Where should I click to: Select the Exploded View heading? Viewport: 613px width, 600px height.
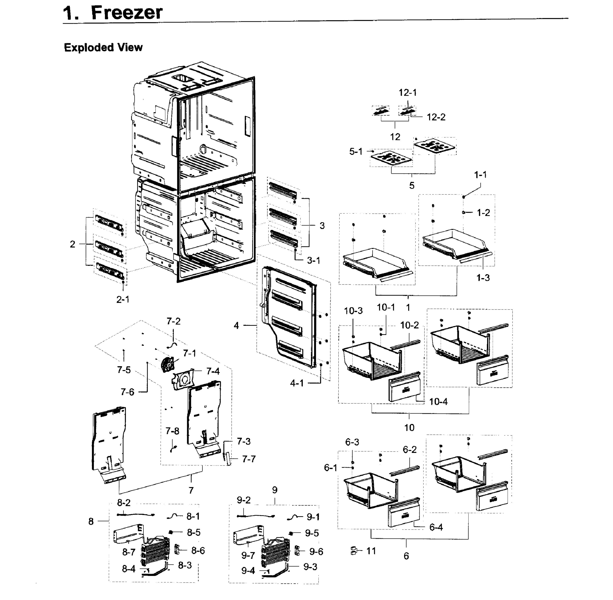(x=103, y=47)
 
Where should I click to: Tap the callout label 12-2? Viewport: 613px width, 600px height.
(x=436, y=117)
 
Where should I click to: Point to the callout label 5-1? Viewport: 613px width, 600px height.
(x=356, y=151)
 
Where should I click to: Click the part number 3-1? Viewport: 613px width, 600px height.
(x=313, y=260)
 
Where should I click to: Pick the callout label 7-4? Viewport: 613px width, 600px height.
(x=213, y=371)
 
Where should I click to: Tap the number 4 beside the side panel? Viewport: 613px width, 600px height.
(x=236, y=325)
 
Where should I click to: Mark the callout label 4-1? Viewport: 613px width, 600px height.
(x=297, y=383)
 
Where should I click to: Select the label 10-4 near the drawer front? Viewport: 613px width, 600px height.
(x=438, y=401)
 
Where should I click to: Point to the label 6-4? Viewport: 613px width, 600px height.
(x=436, y=527)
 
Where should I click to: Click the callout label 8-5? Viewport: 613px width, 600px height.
(x=194, y=532)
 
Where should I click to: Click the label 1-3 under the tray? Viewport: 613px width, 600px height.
(x=483, y=278)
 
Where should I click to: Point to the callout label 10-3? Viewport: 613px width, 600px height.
(x=353, y=311)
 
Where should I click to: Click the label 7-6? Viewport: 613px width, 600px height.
(x=127, y=392)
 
